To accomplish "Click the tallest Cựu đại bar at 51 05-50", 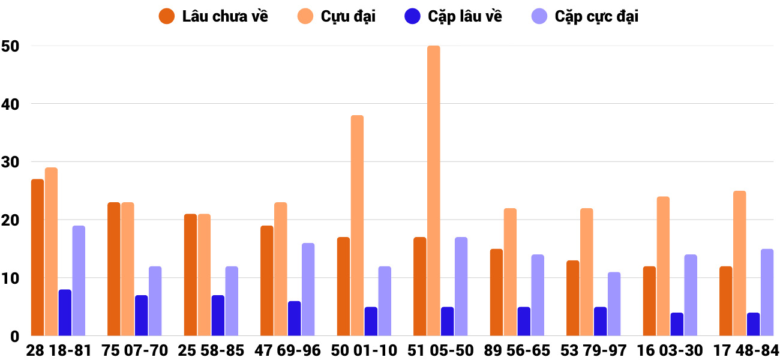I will click(433, 191).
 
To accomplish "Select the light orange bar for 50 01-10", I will click(357, 226).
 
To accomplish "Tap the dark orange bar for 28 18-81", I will click(37, 257).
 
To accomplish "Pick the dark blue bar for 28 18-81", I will click(65, 313).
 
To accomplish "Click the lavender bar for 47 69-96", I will click(308, 289).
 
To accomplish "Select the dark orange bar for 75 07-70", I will click(114, 269).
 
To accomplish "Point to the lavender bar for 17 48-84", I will click(767, 292).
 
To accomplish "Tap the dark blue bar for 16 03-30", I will click(677, 324).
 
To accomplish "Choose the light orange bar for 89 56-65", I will click(510, 272).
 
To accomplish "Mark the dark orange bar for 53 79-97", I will click(573, 298).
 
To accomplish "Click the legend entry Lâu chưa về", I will click(213, 16).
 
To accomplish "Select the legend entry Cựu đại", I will click(337, 16).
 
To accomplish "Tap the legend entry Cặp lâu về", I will click(453, 16).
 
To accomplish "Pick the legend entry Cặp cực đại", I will click(585, 16).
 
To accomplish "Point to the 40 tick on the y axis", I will click(10, 104).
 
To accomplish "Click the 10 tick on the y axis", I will click(10, 278).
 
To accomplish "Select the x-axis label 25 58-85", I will click(211, 350).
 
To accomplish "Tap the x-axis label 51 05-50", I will click(440, 350).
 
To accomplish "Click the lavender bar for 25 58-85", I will click(232, 301).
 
